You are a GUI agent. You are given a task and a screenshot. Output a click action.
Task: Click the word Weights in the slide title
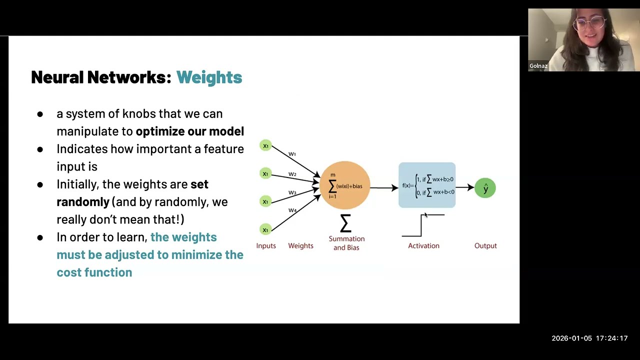coord(209,77)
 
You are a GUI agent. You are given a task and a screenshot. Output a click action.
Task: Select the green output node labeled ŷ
coord(485,188)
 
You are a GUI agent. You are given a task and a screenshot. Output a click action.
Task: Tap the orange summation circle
coord(345,185)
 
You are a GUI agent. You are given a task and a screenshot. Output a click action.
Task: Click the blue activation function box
coord(427,185)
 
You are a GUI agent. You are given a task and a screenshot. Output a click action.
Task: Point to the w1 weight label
coord(292,154)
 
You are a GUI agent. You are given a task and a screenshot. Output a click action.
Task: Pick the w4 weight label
coord(292,210)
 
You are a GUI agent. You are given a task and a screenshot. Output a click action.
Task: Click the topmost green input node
coord(265,145)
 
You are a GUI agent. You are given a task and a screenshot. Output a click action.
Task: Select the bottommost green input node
coord(265,229)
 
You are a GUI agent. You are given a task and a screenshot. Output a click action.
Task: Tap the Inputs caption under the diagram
coord(266,245)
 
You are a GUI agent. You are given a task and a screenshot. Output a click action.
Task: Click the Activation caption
coord(423,245)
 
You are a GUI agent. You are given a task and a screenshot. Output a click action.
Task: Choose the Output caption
coord(485,245)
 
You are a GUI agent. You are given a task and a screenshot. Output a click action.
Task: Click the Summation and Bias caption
coord(346,243)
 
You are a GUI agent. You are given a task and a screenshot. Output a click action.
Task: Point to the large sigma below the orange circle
coord(345,223)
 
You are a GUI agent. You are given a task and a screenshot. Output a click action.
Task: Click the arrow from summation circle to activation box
coord(384,188)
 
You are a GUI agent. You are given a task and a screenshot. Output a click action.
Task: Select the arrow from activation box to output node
coord(465,188)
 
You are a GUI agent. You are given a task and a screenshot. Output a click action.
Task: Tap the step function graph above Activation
coord(422,225)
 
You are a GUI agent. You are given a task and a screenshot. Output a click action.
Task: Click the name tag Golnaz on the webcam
coord(538,66)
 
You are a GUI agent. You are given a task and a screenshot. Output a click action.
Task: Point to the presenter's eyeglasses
coord(590,24)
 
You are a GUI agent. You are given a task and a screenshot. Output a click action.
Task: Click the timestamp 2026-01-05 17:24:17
coord(589,338)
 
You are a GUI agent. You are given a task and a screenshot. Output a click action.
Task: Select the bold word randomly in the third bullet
coord(83,202)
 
